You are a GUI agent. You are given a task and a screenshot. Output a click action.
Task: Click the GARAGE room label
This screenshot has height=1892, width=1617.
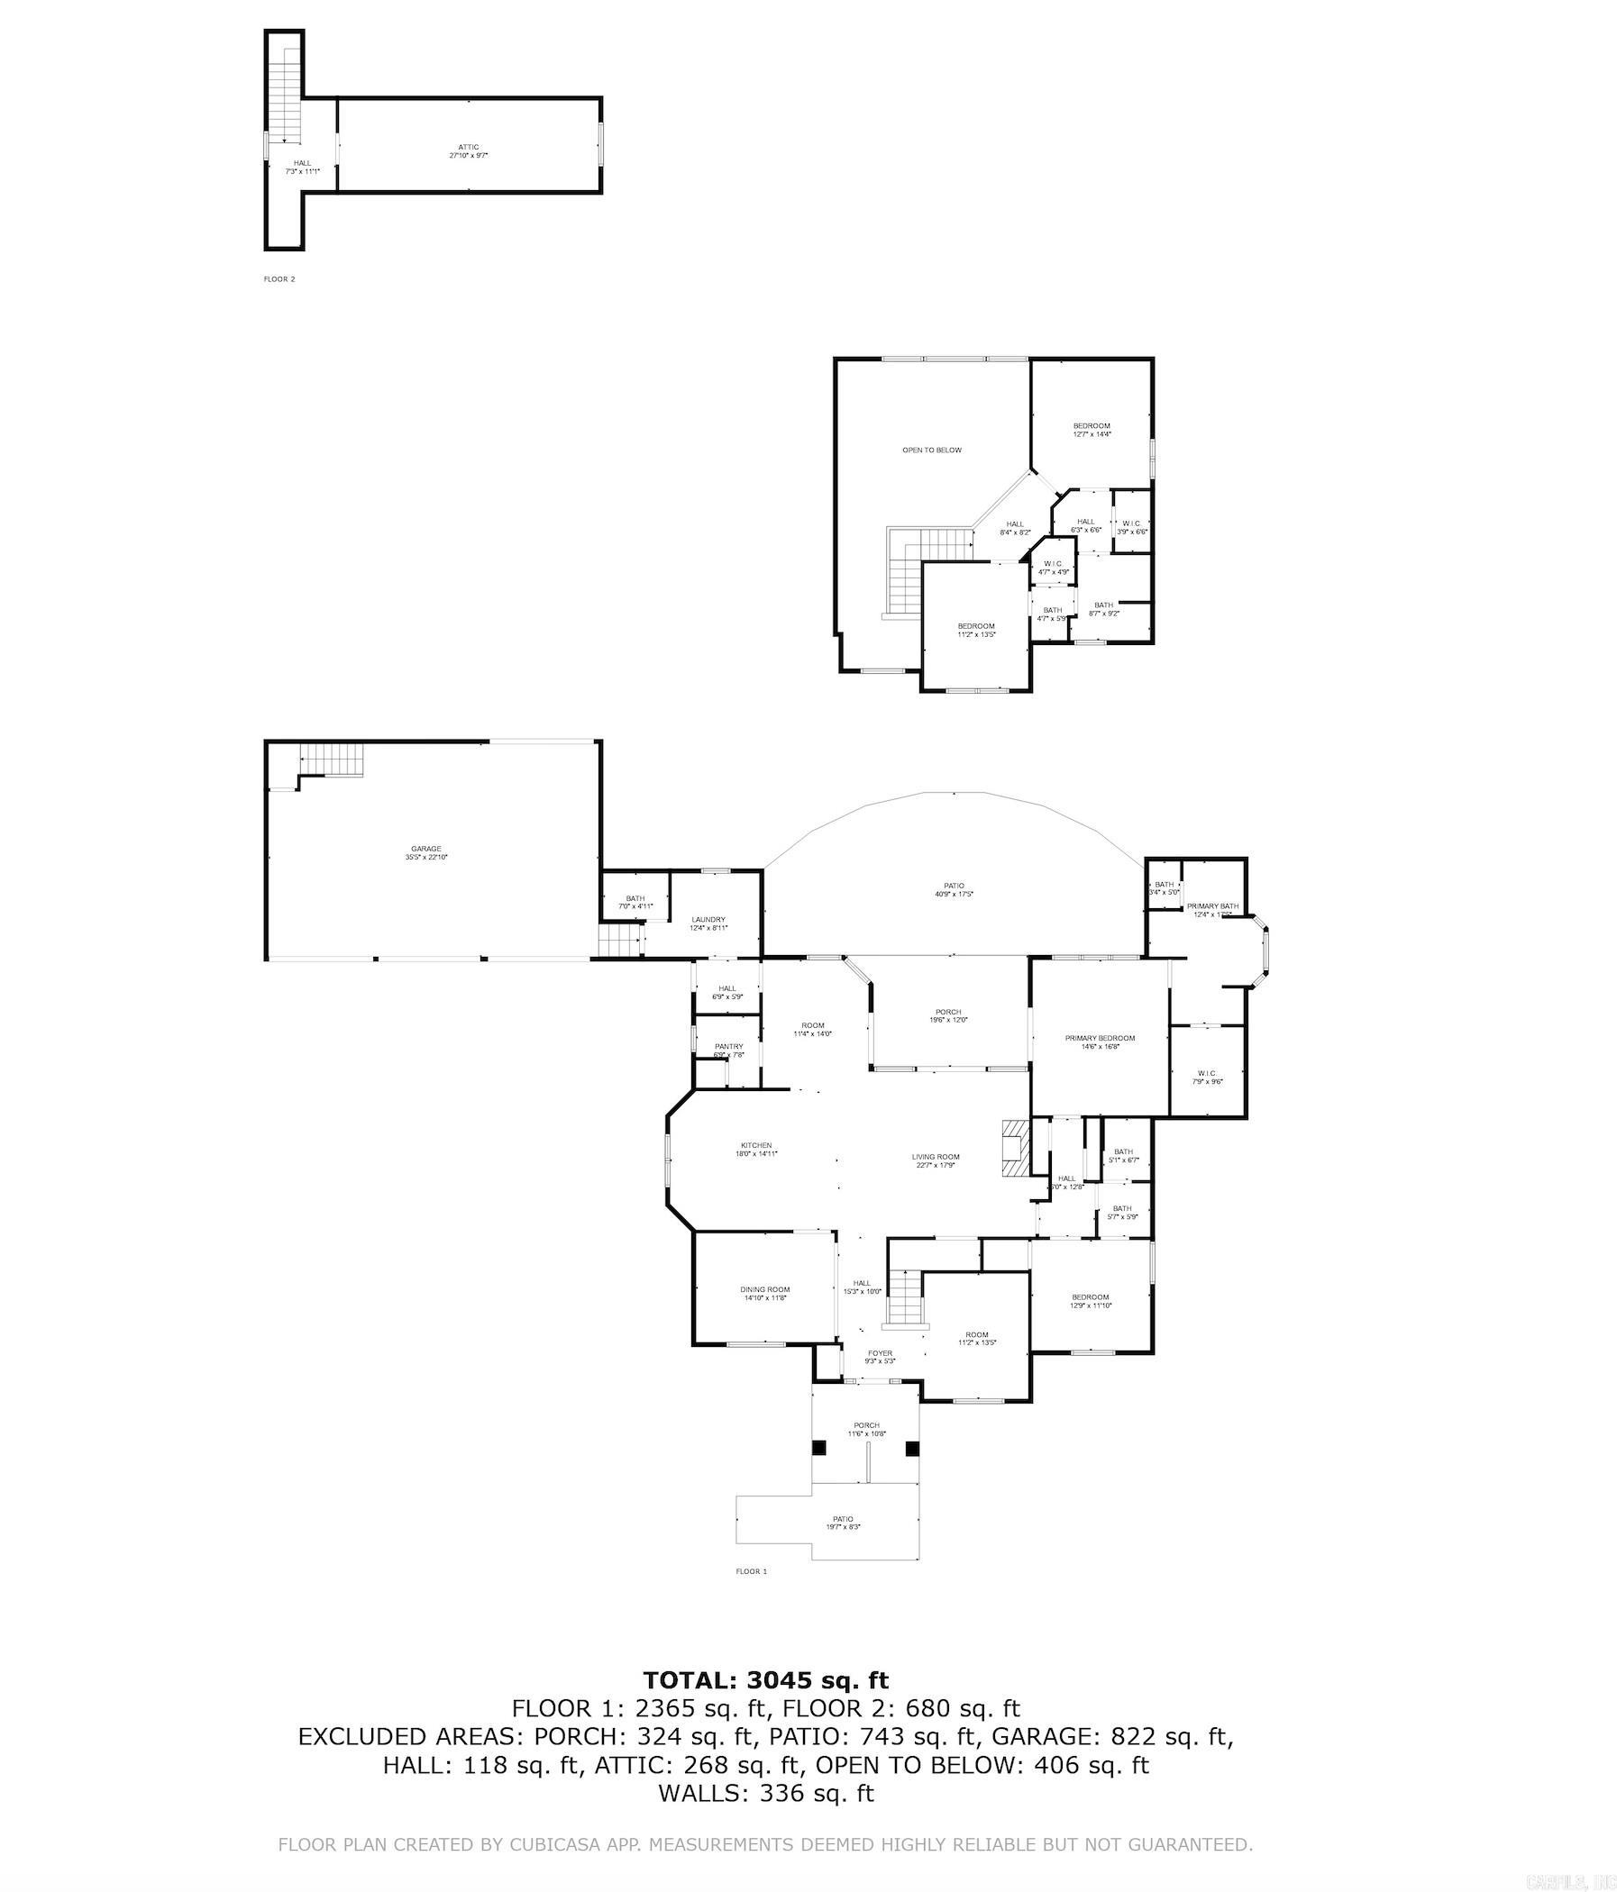pyautogui.click(x=425, y=849)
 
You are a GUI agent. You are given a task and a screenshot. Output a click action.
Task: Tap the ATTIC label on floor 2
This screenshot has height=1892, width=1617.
pyautogui.click(x=468, y=147)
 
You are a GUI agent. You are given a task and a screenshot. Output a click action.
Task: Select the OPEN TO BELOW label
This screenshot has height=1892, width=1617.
pyautogui.click(x=932, y=450)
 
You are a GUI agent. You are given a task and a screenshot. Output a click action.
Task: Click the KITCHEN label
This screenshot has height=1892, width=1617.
pyautogui.click(x=755, y=1145)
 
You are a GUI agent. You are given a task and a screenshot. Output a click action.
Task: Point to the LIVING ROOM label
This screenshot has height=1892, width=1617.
pyautogui.click(x=936, y=1157)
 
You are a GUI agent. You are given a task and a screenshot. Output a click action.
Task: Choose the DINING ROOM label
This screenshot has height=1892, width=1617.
pyautogui.click(x=764, y=1289)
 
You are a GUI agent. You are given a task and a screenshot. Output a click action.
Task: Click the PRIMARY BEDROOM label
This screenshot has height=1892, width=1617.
pyautogui.click(x=1100, y=1038)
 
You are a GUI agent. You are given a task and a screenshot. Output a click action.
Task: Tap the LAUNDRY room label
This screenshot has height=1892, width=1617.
pyautogui.click(x=708, y=920)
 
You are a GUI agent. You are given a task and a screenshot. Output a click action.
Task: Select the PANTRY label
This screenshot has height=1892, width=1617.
pyautogui.click(x=728, y=1046)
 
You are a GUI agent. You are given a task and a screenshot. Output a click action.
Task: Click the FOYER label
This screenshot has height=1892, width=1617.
pyautogui.click(x=880, y=1353)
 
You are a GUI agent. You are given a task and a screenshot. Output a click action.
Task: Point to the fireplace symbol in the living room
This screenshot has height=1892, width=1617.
pyautogui.click(x=1013, y=1152)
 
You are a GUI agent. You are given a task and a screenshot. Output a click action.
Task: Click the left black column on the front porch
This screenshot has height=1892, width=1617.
pyautogui.click(x=819, y=1447)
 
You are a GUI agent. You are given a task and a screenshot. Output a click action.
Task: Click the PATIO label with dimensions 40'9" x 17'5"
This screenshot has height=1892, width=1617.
pyautogui.click(x=954, y=886)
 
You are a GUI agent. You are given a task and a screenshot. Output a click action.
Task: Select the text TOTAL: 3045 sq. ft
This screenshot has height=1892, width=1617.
pyautogui.click(x=765, y=1680)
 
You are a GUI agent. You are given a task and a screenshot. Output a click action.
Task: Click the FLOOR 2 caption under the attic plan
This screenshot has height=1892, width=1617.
pyautogui.click(x=279, y=279)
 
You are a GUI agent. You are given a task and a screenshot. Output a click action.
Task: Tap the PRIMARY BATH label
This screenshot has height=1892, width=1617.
pyautogui.click(x=1212, y=905)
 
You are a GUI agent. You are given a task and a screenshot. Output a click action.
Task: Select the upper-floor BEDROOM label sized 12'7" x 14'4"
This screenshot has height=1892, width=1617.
pyautogui.click(x=1091, y=426)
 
